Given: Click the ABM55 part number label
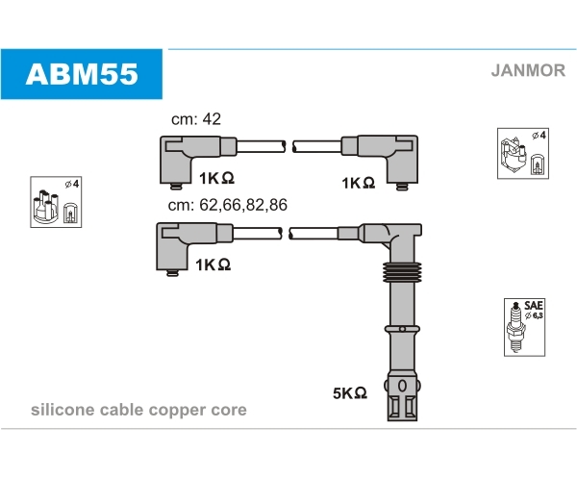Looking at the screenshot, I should pyautogui.click(x=82, y=74).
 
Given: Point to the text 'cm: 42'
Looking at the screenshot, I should pyautogui.click(x=198, y=119).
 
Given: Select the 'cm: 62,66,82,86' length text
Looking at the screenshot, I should pyautogui.click(x=227, y=205).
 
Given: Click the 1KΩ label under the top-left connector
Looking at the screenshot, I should pyautogui.click(x=218, y=178).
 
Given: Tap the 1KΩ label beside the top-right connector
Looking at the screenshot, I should pyautogui.click(x=357, y=182).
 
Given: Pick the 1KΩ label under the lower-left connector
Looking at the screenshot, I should pyautogui.click(x=213, y=264).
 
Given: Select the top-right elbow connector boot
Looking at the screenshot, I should pyautogui.click(x=397, y=158).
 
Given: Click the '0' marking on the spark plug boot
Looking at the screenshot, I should pyautogui.click(x=401, y=387).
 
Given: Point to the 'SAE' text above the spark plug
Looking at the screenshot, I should pyautogui.click(x=534, y=304).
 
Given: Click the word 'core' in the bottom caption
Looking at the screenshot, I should pyautogui.click(x=228, y=411).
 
